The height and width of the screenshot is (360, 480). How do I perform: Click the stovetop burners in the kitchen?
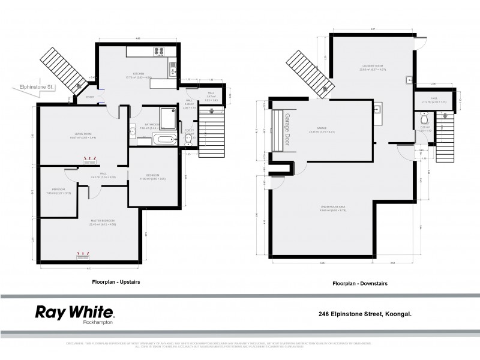coord(160,52)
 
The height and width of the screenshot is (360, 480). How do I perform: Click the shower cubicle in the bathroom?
coord(167,118)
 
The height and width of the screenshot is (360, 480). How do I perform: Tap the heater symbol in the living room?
coord(90,160)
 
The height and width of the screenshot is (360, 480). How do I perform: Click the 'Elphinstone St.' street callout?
coord(37,88)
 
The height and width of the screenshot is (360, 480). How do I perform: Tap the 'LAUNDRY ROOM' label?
coord(373,66)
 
